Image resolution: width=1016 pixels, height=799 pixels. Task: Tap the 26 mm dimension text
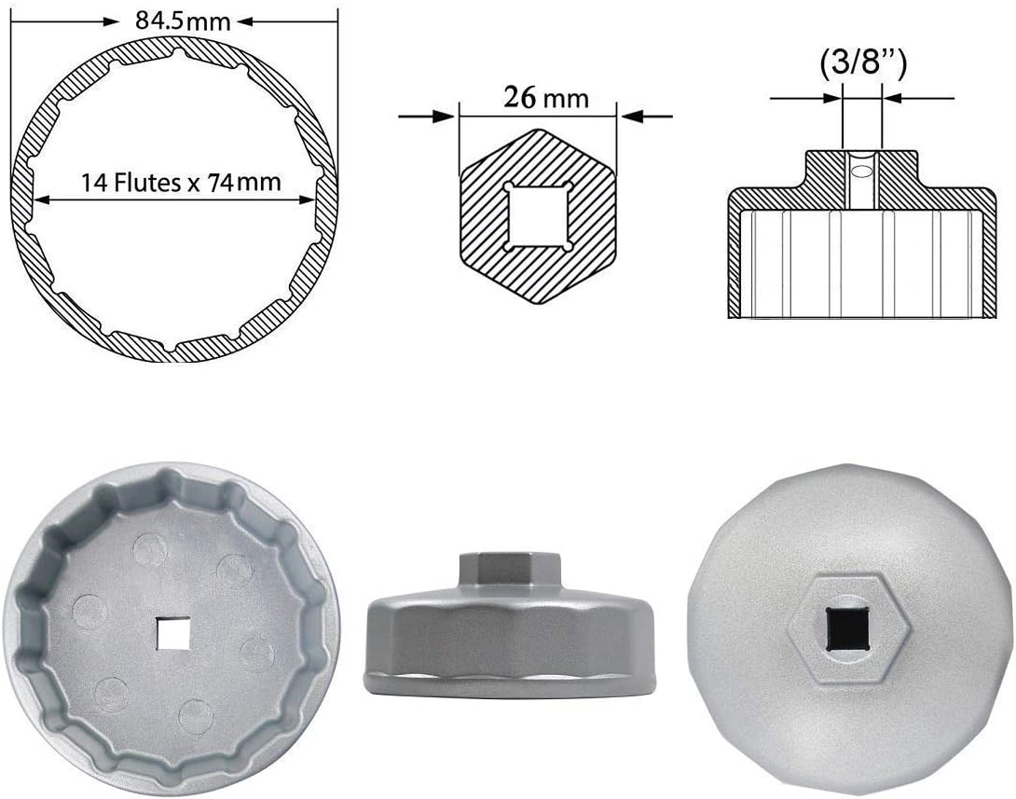pos(546,97)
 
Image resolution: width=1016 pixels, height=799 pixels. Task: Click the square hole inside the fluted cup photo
pos(172,635)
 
